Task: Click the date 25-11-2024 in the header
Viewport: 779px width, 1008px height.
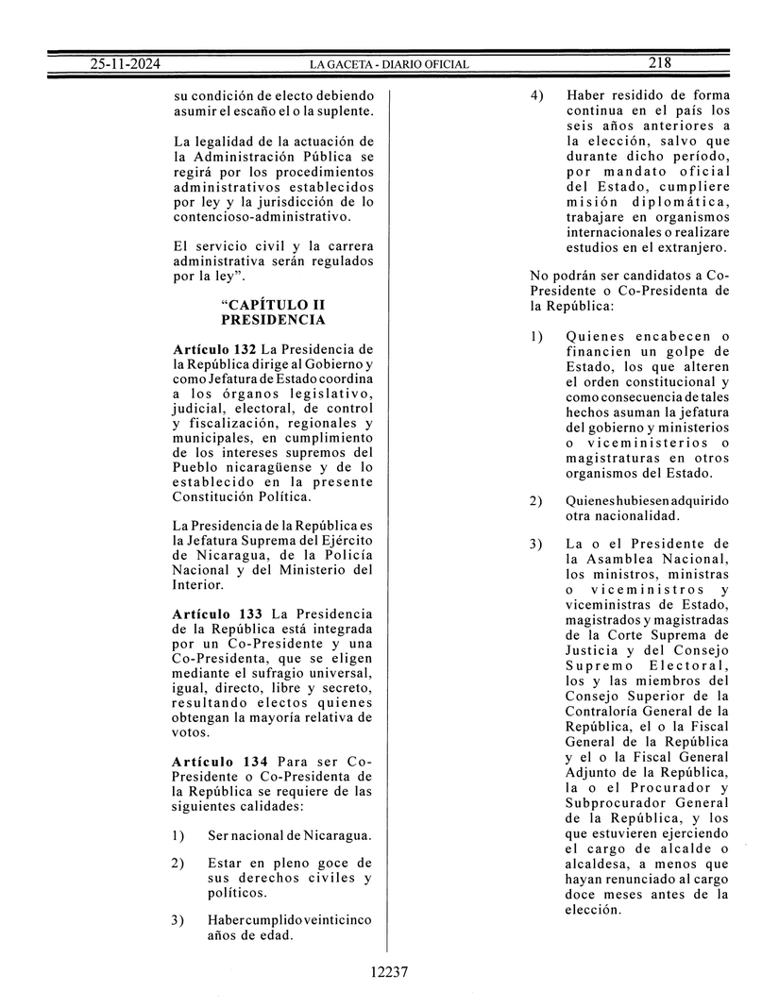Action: [125, 63]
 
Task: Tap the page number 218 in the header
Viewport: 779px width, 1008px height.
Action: [659, 63]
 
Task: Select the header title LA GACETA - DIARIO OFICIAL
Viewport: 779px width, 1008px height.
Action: [389, 64]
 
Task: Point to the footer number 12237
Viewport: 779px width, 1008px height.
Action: [389, 972]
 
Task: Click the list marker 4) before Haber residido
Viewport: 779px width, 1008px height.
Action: [536, 95]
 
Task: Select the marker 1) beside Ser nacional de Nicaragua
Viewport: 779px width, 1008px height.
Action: [178, 835]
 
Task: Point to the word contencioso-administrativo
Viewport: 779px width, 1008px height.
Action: [262, 216]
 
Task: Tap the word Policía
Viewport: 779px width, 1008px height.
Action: [347, 555]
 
